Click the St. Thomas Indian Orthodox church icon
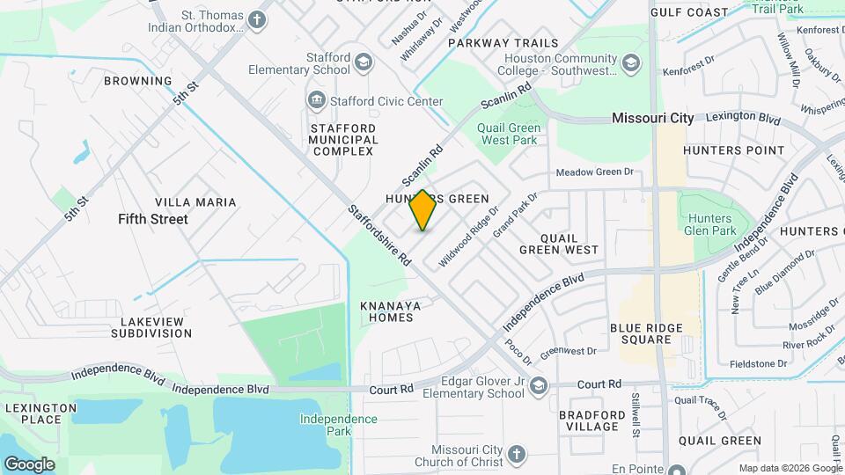tap(257, 20)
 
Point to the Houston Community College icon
tap(630, 63)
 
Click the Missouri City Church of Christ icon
tap(516, 455)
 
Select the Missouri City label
tap(652, 118)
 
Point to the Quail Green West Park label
tap(509, 134)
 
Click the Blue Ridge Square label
tap(646, 333)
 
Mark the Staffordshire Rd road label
tap(379, 236)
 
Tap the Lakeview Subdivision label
tap(151, 327)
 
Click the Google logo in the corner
tap(29, 464)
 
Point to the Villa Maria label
tap(195, 202)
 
